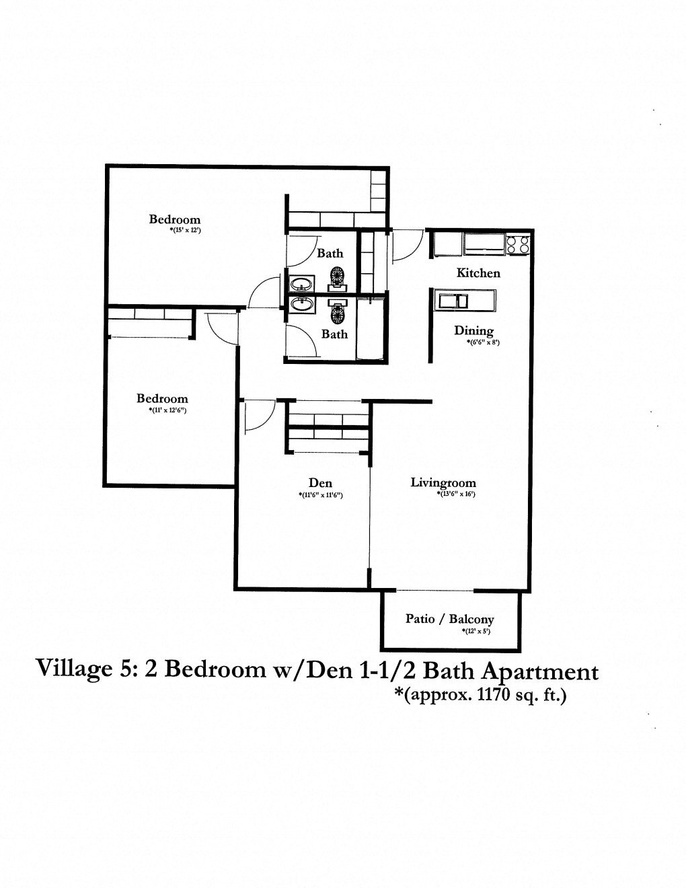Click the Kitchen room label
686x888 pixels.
(478, 273)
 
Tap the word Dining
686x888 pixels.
(473, 330)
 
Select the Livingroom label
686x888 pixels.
(443, 482)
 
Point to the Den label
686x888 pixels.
(320, 482)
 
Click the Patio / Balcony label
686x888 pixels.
(450, 619)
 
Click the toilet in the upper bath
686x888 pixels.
(338, 276)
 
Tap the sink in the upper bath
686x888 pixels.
(302, 283)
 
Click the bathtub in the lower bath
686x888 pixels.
(371, 330)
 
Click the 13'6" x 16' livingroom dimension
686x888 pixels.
(453, 494)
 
